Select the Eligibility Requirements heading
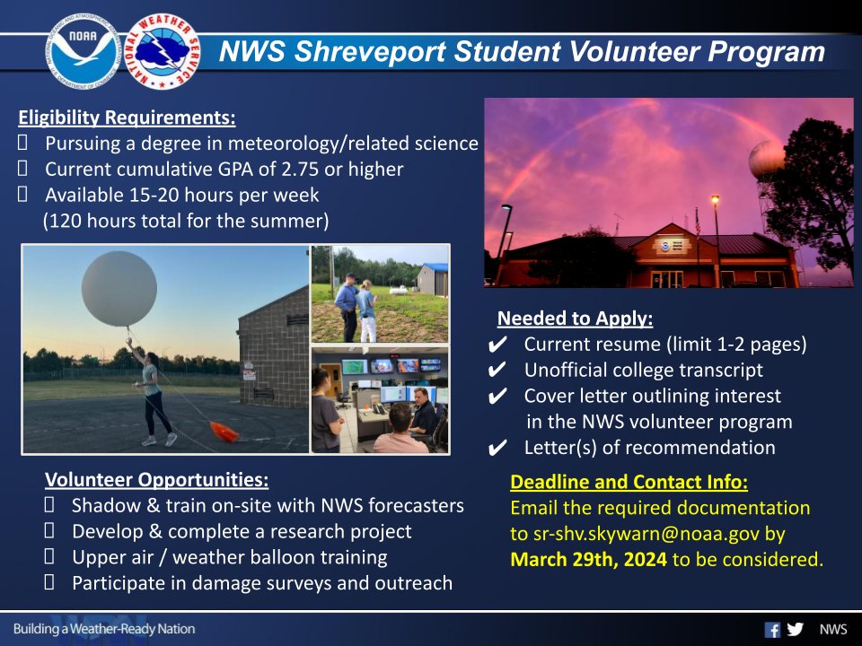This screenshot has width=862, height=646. (127, 118)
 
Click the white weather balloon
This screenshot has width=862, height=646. (119, 288)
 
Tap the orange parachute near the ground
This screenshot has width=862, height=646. (224, 432)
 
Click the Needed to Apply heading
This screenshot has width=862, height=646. (575, 319)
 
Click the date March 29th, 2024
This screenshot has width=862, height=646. (588, 560)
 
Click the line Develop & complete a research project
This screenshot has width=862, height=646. (242, 531)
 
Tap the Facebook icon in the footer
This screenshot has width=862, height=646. (771, 629)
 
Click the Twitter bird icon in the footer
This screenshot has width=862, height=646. (795, 629)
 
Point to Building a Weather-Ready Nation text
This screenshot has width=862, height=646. (104, 629)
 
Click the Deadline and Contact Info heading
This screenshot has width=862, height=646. (629, 482)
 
